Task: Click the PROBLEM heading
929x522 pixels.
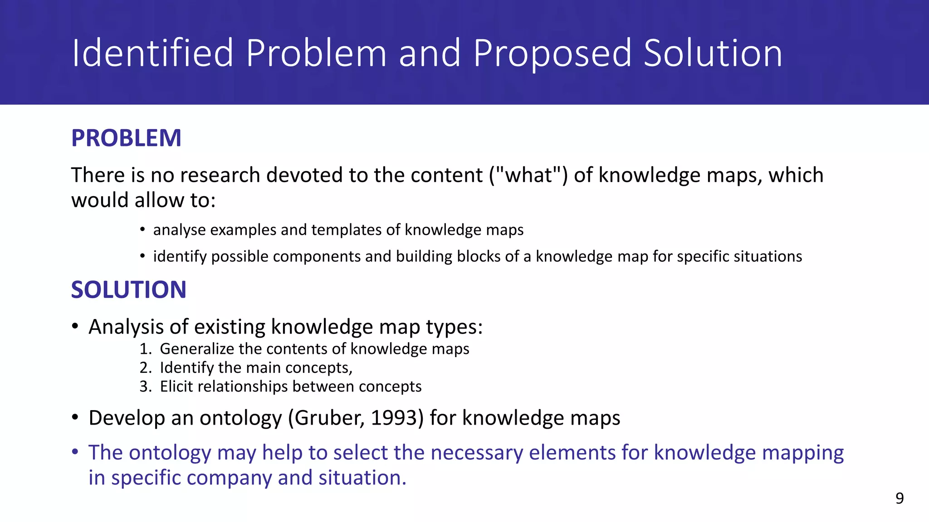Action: [126, 138]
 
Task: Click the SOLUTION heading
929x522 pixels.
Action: [128, 290]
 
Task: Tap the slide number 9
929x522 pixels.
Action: [899, 498]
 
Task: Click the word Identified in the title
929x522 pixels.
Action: [152, 53]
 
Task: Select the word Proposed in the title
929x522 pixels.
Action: [552, 53]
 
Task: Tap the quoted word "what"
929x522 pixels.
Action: [528, 175]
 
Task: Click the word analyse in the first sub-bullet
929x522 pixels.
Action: [180, 230]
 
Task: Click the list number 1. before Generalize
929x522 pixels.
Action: [145, 349]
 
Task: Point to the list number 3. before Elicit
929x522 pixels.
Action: [145, 387]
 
